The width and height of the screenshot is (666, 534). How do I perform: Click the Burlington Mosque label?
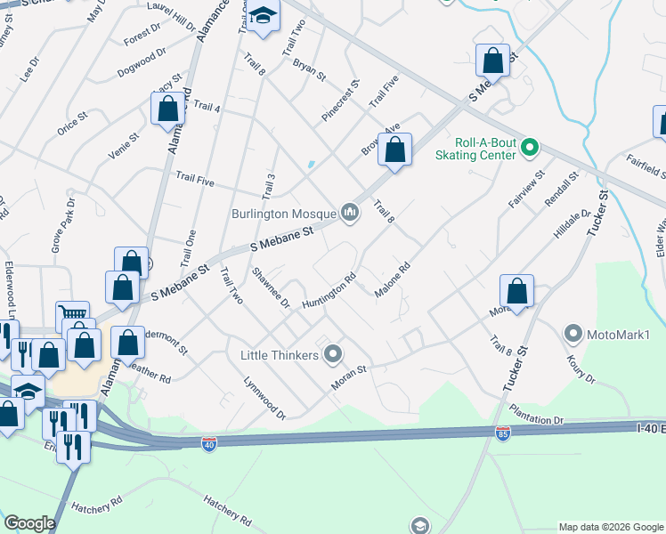click(283, 214)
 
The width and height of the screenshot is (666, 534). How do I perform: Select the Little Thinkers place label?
click(279, 355)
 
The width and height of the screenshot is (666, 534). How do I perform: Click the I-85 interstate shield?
click(502, 433)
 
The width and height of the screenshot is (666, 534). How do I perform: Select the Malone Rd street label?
click(392, 279)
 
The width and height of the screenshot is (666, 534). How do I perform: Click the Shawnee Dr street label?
click(271, 287)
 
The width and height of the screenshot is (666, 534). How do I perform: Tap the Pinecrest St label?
click(340, 100)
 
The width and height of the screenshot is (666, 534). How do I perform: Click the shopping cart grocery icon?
click(73, 315)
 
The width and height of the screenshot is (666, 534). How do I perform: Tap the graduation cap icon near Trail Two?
click(263, 16)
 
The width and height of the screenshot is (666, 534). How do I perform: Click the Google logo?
click(29, 523)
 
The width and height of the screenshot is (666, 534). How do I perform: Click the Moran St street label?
click(350, 368)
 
